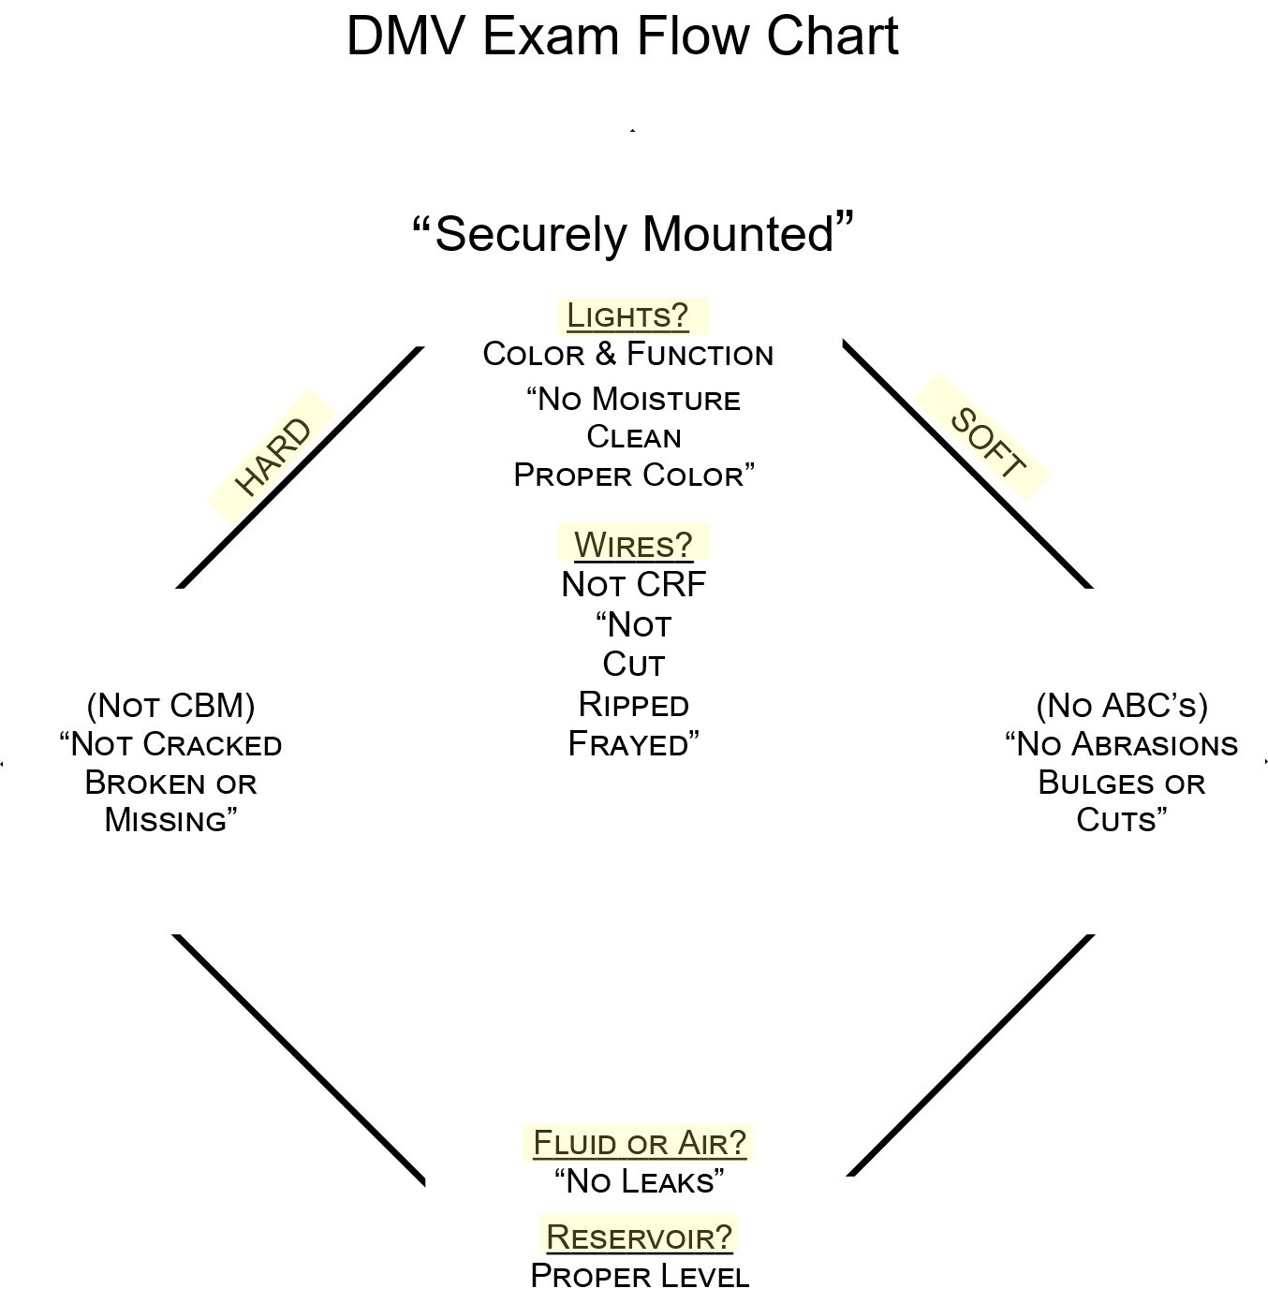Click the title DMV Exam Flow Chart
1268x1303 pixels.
(x=622, y=37)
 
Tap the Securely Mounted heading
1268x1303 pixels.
(x=634, y=234)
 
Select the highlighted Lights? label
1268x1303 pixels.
(x=627, y=316)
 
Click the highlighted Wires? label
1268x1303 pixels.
(x=633, y=545)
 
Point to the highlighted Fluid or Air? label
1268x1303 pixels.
(x=640, y=1143)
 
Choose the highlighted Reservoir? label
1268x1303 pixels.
(x=639, y=1237)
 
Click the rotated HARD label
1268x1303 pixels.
(x=273, y=457)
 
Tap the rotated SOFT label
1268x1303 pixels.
(x=988, y=443)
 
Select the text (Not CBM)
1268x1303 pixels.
(x=170, y=705)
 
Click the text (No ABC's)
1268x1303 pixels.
(x=1122, y=705)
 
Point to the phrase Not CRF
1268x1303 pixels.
(x=633, y=585)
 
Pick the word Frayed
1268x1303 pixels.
(x=629, y=744)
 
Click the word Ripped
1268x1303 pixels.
(x=633, y=704)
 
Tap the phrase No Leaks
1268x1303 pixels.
(x=640, y=1181)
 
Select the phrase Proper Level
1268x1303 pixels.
(x=640, y=1276)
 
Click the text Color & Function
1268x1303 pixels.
(x=628, y=355)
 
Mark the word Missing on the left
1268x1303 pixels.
(x=166, y=820)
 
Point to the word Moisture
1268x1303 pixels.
(x=666, y=400)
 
